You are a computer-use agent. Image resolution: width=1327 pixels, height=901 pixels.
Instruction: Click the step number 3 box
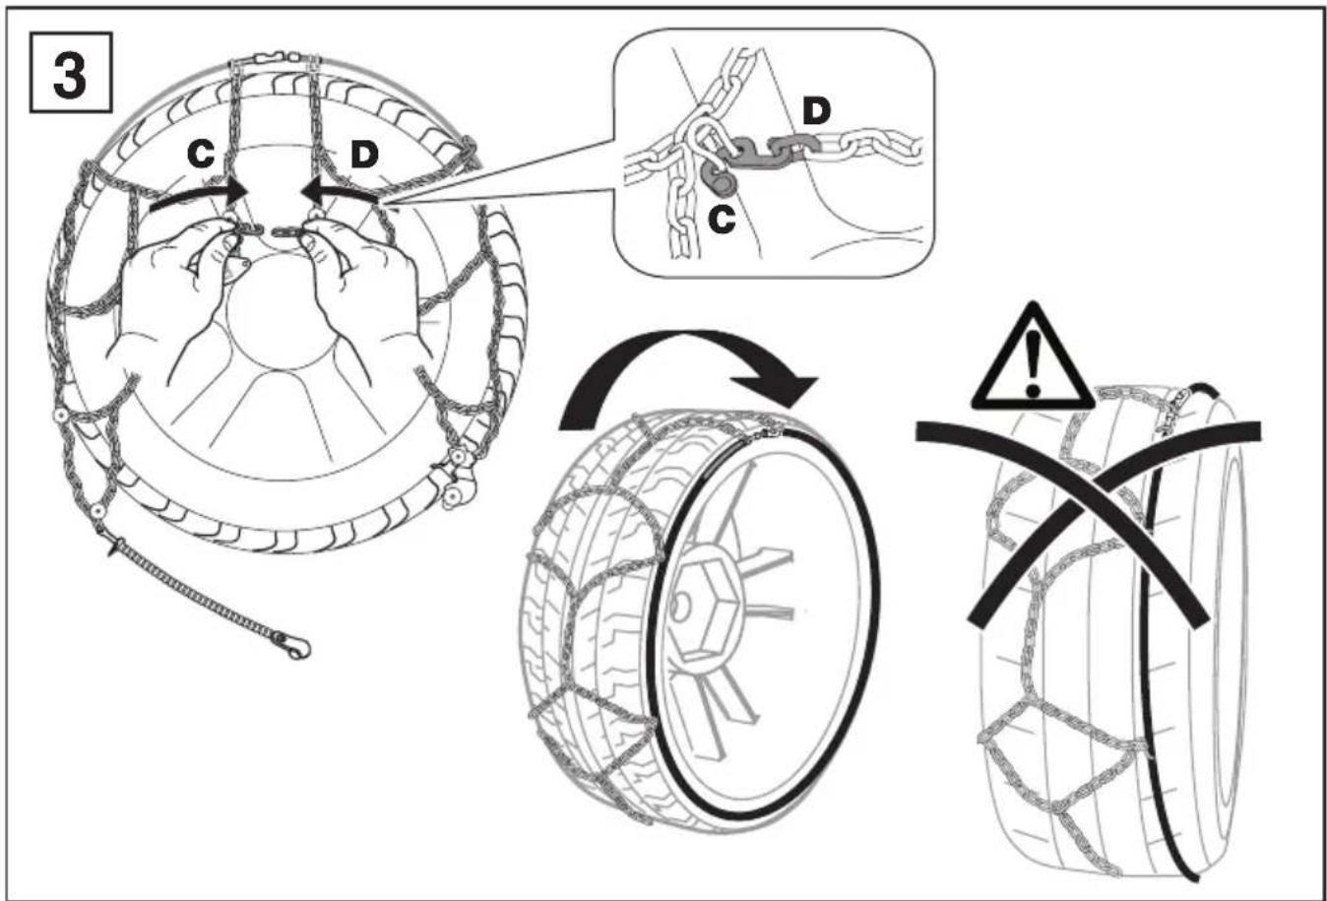pyautogui.click(x=71, y=72)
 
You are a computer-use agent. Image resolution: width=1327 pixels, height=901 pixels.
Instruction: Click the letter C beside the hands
pyautogui.click(x=202, y=155)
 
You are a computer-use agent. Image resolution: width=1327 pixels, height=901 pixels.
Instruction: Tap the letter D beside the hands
pyautogui.click(x=364, y=155)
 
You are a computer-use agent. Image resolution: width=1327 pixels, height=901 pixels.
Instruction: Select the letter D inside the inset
pyautogui.click(x=817, y=111)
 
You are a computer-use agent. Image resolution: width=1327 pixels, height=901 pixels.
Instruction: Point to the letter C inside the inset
pyautogui.click(x=723, y=220)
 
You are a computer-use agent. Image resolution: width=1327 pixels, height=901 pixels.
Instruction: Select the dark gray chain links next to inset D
pyautogui.click(x=770, y=153)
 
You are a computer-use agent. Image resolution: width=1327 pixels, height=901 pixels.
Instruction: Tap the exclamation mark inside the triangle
pyautogui.click(x=1033, y=361)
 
